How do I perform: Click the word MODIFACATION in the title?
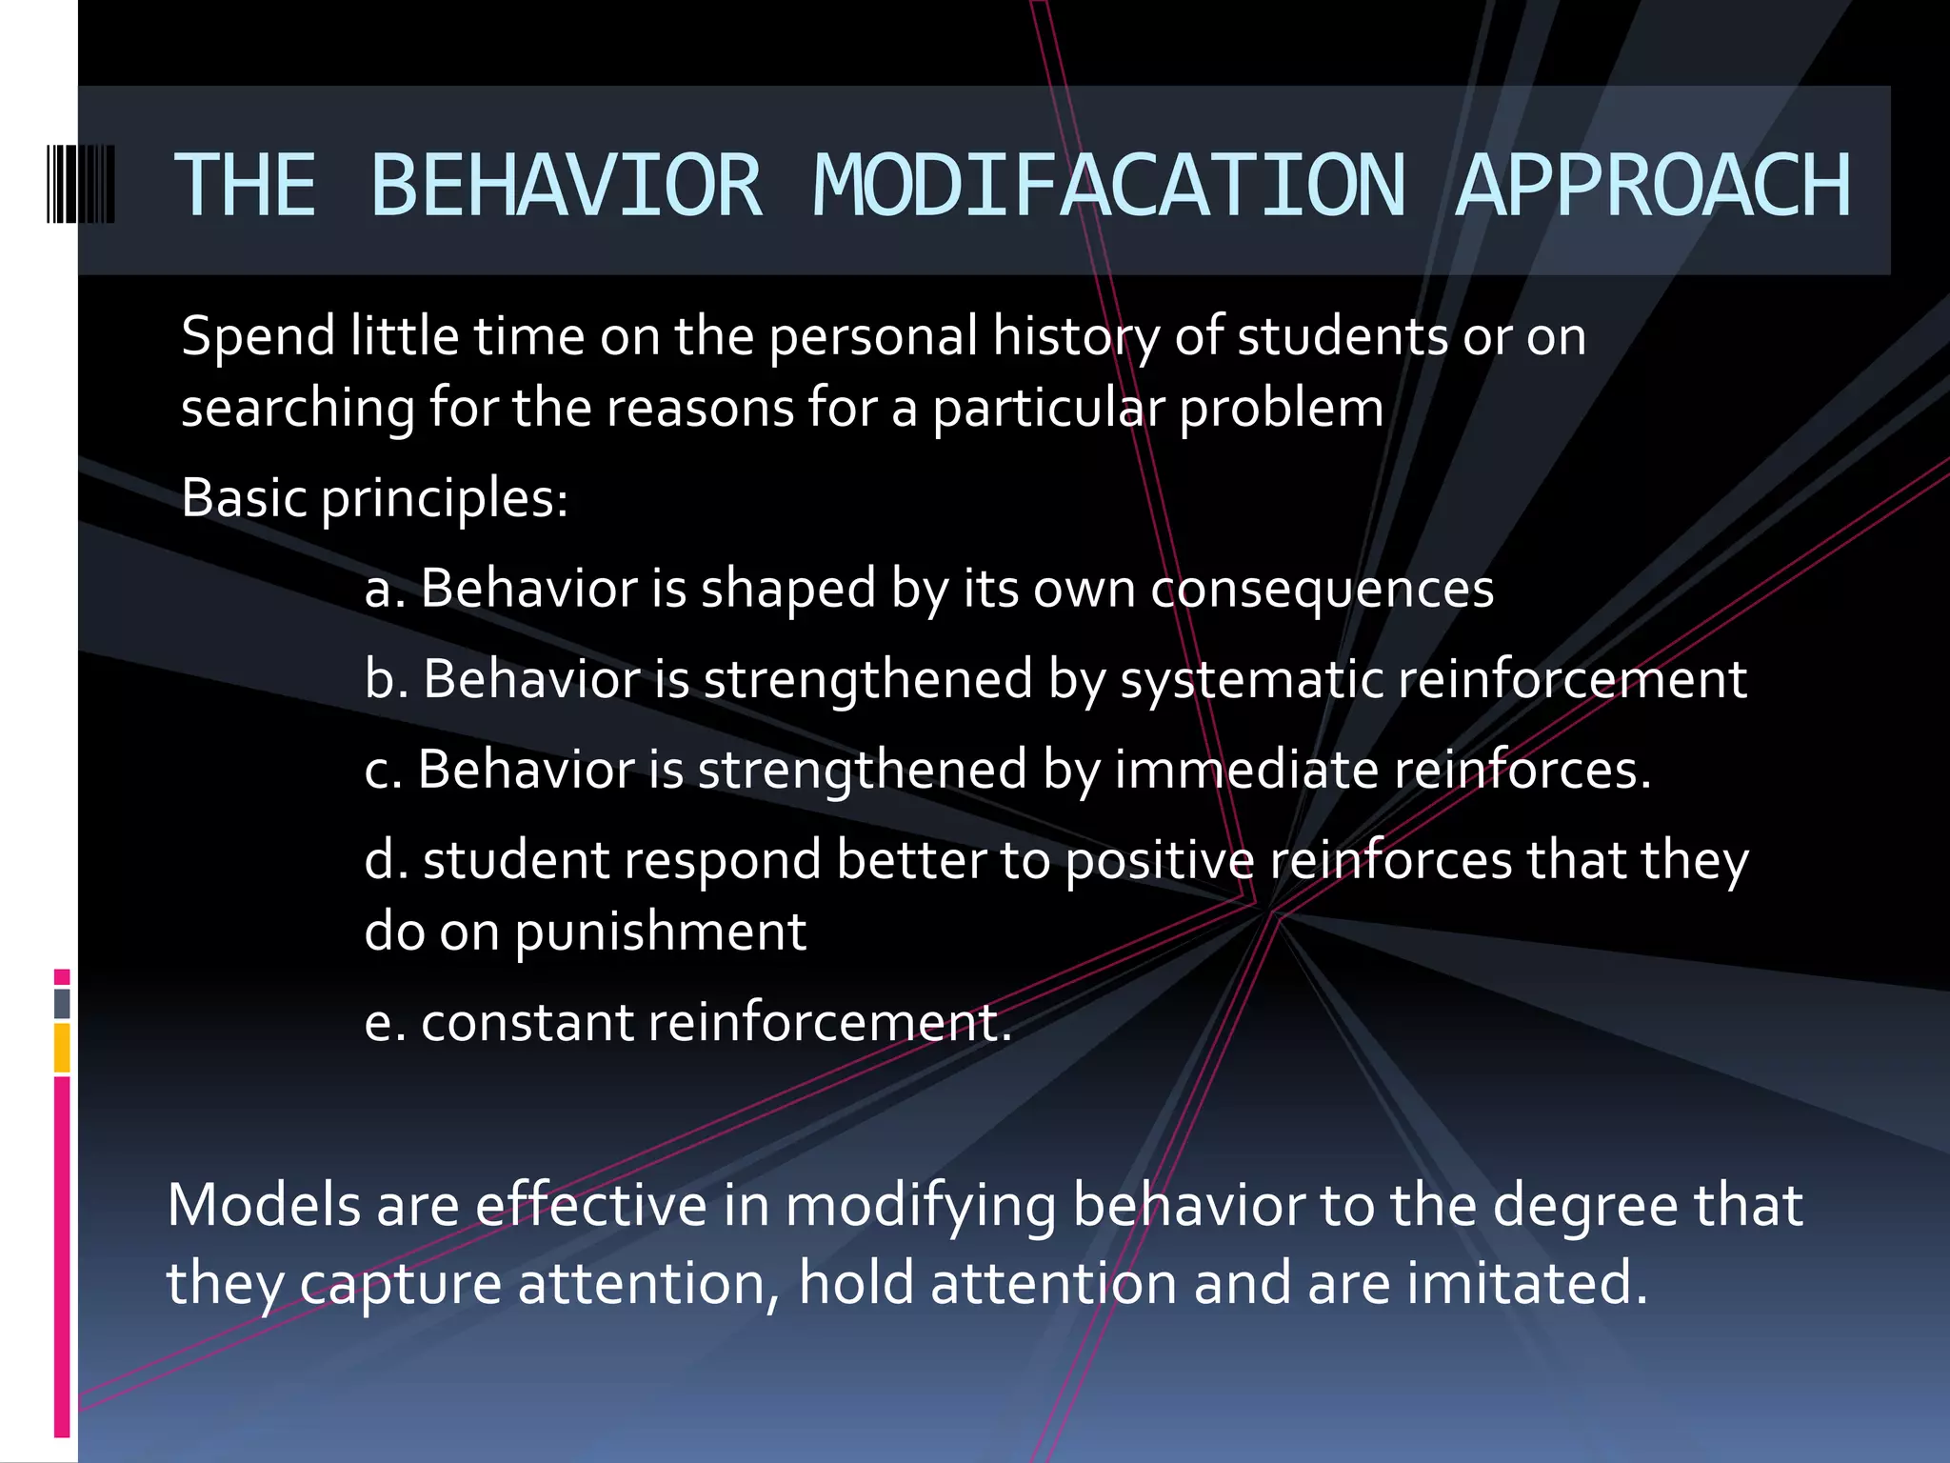pyautogui.click(x=1108, y=185)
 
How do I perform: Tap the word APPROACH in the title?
pyautogui.click(x=1653, y=185)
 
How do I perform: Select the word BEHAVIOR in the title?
pyautogui.click(x=566, y=185)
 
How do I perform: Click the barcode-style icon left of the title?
pyautogui.click(x=81, y=184)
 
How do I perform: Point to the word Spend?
pyautogui.click(x=258, y=337)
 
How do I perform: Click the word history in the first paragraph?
pyautogui.click(x=1075, y=337)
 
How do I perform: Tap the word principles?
pyautogui.click(x=444, y=499)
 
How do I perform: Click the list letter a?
pyautogui.click(x=379, y=590)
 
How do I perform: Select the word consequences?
pyautogui.click(x=1322, y=590)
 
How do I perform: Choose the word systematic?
pyautogui.click(x=1251, y=680)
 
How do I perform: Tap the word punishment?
pyautogui.click(x=661, y=932)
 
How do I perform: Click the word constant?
pyautogui.click(x=527, y=1023)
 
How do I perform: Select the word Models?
pyautogui.click(x=264, y=1206)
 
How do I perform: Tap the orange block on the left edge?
pyautogui.click(x=62, y=1048)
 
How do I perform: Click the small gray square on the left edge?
pyautogui.click(x=62, y=1003)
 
